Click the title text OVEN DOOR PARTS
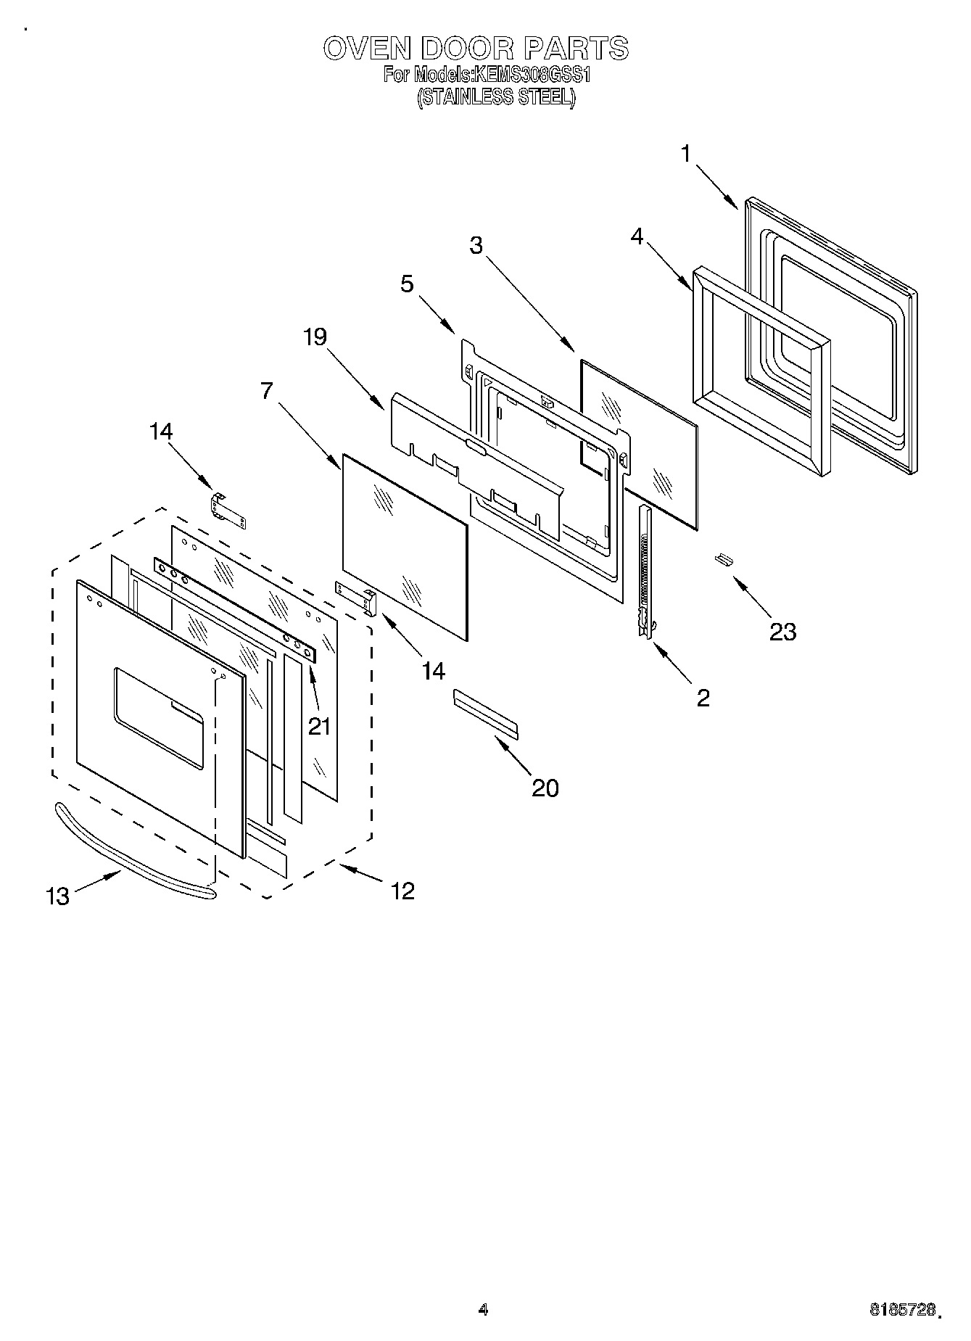point(476,49)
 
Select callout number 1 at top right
point(686,153)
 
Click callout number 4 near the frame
point(637,236)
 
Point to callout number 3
point(476,245)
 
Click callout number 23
point(782,632)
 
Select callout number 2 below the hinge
point(702,698)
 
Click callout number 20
point(545,788)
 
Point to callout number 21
point(319,725)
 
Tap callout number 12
point(402,890)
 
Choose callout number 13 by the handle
point(57,896)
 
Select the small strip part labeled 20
point(486,714)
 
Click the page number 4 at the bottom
point(483,1309)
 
